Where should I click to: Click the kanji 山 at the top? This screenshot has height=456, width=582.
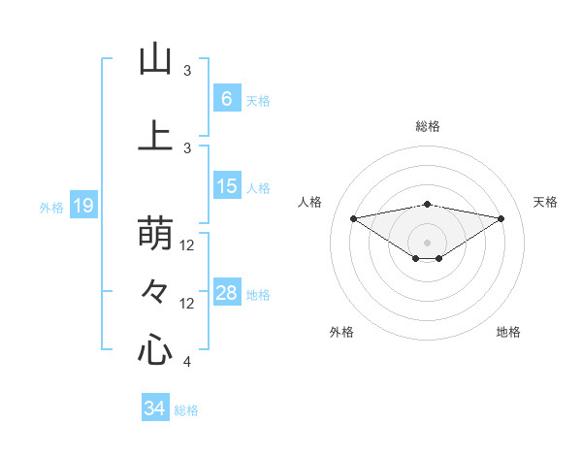click(155, 59)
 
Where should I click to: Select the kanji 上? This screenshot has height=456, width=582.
click(155, 135)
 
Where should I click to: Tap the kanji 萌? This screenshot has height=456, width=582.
click(155, 234)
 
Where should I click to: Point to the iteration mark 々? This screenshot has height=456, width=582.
click(155, 290)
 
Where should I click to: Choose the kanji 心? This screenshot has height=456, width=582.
click(155, 348)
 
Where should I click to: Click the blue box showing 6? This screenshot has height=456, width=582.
click(226, 99)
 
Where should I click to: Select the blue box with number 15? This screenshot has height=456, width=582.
click(226, 187)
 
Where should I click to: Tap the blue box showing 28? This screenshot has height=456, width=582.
click(226, 294)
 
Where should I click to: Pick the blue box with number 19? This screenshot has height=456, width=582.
click(82, 206)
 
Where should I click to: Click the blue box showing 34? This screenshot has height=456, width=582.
click(154, 408)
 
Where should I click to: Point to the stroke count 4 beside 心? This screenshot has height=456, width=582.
click(187, 362)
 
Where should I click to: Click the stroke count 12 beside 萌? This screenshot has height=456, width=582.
click(188, 245)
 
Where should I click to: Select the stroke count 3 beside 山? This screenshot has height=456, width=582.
click(187, 71)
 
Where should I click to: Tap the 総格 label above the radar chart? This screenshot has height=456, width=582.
click(428, 126)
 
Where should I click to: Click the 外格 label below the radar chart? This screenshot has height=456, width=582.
click(341, 332)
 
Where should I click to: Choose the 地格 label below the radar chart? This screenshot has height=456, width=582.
click(508, 332)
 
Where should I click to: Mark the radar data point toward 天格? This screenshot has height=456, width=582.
click(501, 218)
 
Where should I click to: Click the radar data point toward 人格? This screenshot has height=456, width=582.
click(353, 217)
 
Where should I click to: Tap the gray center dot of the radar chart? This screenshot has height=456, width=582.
click(427, 242)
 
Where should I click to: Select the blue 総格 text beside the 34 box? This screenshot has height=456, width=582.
click(186, 410)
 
